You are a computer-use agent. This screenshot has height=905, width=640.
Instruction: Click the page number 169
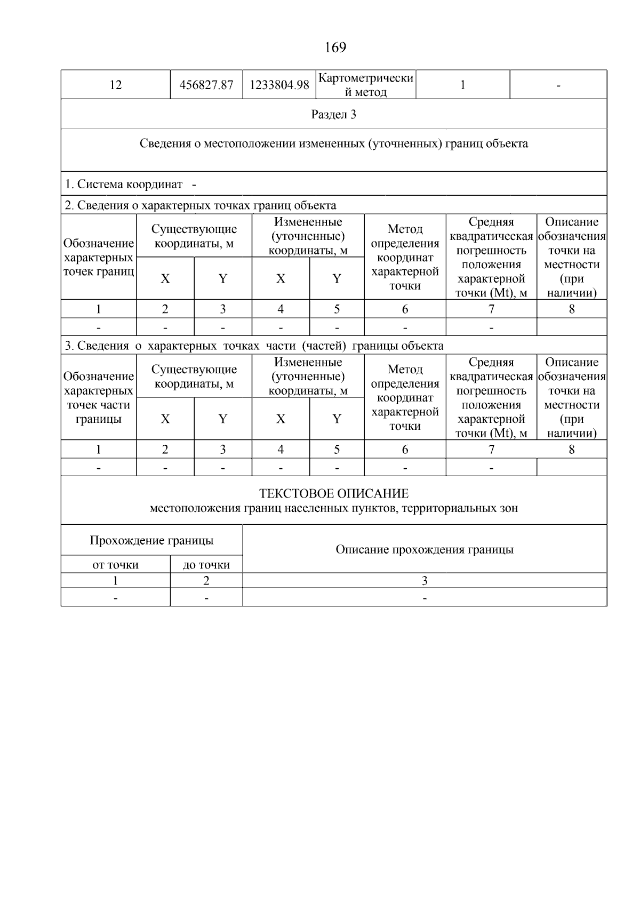pos(335,48)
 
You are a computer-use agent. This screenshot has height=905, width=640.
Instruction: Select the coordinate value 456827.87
pos(206,85)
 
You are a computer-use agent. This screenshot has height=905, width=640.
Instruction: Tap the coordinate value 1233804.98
pos(279,85)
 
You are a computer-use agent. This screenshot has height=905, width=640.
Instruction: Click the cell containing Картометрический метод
pos(365,85)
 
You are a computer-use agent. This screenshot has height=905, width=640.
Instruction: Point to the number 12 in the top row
pos(115,85)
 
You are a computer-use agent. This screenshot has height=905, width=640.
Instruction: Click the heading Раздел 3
pos(333,115)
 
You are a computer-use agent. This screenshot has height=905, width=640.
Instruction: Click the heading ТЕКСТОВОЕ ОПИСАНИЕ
pos(333,493)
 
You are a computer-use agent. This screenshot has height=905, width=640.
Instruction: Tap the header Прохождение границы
pos(151,540)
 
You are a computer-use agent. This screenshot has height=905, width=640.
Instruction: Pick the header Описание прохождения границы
pos(424,549)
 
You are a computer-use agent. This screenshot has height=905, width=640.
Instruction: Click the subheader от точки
pos(115,565)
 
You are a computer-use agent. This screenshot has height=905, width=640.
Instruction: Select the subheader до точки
pos(206,565)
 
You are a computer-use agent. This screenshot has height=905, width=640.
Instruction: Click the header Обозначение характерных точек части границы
pos(98,398)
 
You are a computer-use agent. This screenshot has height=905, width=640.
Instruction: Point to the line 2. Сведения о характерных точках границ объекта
pos(200,205)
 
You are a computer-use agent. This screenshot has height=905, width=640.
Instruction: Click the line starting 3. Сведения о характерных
pos(254,346)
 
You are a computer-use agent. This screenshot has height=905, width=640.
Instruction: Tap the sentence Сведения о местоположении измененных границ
pos(333,143)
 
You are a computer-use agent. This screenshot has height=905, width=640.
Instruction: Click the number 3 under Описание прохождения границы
pos(424,581)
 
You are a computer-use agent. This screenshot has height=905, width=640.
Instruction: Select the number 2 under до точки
pos(206,581)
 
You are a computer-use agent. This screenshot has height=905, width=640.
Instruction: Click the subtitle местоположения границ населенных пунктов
pos(333,508)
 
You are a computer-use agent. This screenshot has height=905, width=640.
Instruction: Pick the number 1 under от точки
pos(115,581)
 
